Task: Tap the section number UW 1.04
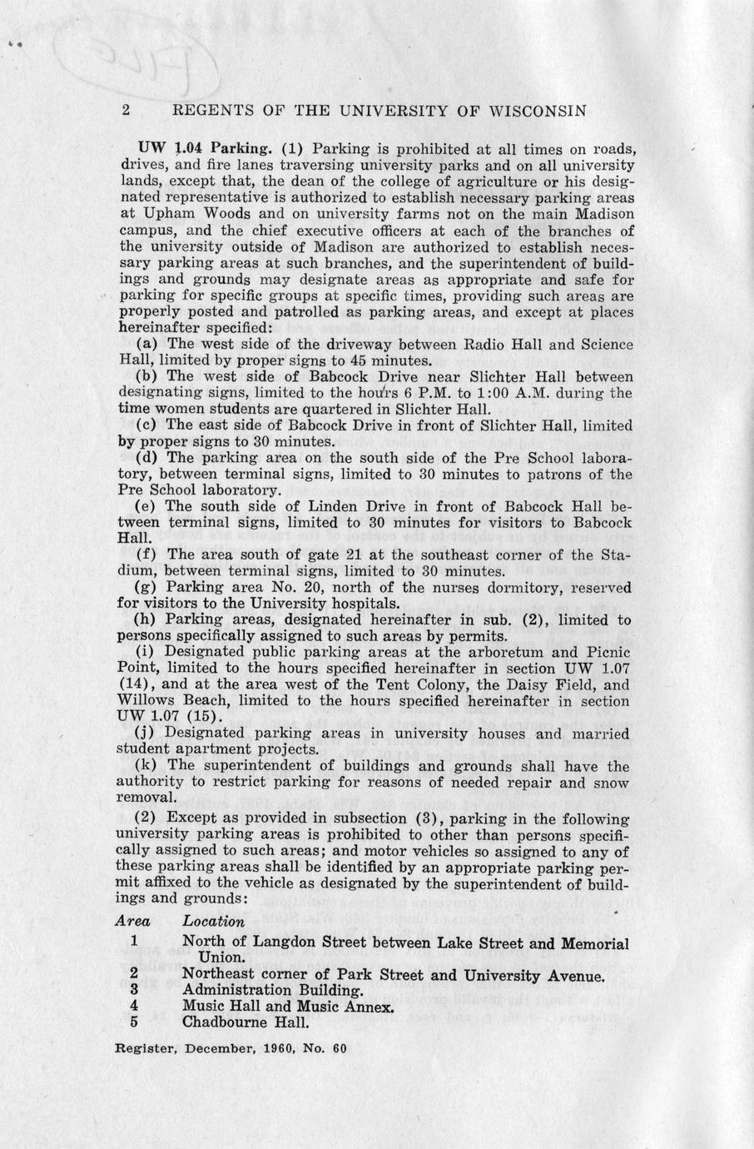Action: click(x=154, y=150)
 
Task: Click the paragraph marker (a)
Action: click(x=148, y=345)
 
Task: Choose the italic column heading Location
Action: click(x=213, y=921)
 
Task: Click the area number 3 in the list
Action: click(x=134, y=991)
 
